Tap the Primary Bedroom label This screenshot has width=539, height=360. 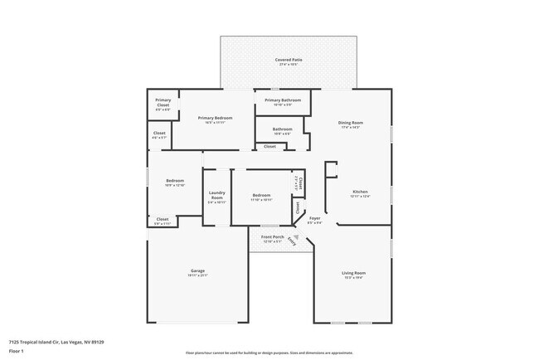215,118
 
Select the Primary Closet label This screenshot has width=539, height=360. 163,103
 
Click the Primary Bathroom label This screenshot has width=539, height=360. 283,100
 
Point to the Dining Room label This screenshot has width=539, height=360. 352,123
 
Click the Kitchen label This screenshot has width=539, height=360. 360,191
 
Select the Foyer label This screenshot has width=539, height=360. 315,218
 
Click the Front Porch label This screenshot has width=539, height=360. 273,237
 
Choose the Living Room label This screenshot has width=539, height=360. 354,272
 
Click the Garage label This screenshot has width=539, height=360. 197,270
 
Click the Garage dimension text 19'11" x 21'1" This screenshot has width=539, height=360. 197,275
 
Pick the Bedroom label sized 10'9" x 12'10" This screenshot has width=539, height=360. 174,180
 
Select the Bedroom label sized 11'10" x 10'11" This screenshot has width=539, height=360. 261,195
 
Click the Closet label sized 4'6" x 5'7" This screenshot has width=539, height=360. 159,133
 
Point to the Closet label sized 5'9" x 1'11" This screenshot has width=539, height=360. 163,219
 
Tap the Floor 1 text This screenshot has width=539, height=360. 17,351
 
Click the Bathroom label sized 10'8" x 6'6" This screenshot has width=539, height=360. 283,129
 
